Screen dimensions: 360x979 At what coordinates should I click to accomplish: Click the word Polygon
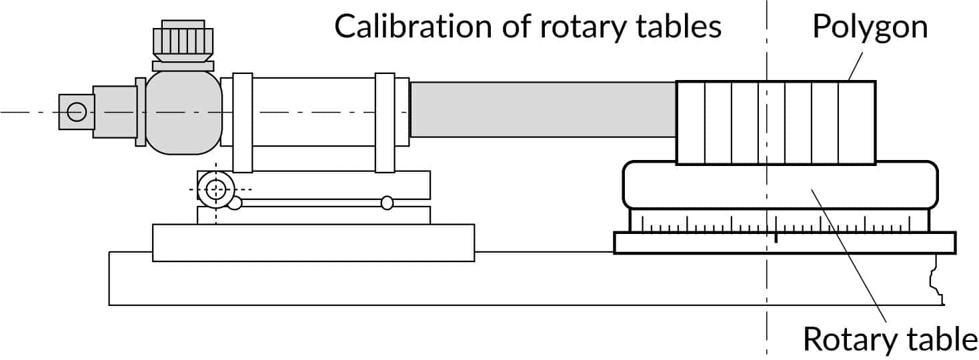(x=870, y=28)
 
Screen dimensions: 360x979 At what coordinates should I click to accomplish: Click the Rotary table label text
(x=890, y=339)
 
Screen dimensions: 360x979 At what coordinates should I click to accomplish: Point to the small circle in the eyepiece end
(x=77, y=111)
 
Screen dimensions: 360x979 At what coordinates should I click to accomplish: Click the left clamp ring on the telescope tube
(x=242, y=123)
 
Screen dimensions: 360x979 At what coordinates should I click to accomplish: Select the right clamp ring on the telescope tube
(x=385, y=123)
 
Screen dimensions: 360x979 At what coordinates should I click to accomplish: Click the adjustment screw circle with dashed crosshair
(x=215, y=189)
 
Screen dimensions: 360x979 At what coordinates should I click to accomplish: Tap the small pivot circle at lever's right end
(x=387, y=203)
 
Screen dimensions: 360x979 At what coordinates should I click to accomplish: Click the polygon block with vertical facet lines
(x=776, y=123)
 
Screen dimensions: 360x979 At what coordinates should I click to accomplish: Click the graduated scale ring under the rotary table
(x=780, y=223)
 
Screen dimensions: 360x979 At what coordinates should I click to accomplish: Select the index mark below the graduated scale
(x=776, y=237)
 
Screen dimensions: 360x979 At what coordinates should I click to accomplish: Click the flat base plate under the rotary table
(x=784, y=243)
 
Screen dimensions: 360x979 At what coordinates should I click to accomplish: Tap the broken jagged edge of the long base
(x=936, y=280)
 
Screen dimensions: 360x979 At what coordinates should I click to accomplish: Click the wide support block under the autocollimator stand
(x=313, y=243)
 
